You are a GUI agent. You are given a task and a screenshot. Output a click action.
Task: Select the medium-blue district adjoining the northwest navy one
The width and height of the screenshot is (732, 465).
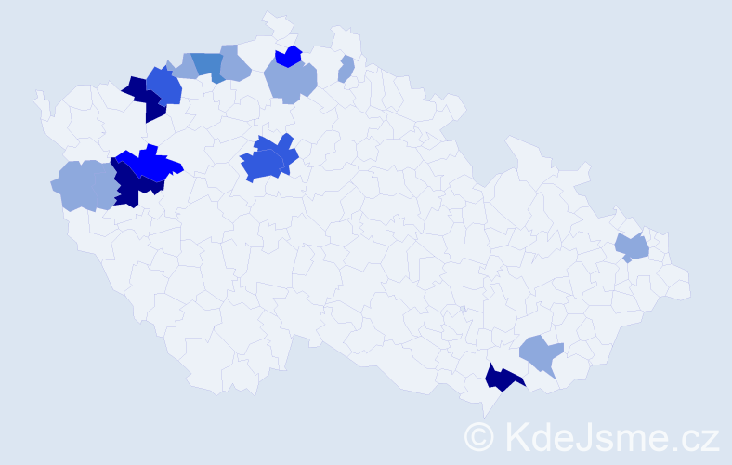coord(165,86)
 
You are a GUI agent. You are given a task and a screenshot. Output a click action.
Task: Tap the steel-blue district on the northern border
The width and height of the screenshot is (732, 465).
coord(210,66)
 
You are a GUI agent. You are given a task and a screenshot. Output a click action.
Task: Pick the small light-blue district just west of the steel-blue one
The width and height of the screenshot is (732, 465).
coord(184,67)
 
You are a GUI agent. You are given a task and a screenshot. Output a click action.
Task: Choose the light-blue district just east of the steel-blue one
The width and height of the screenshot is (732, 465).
coord(235,64)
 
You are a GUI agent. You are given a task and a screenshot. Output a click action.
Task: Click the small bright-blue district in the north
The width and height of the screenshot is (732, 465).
coord(290,57)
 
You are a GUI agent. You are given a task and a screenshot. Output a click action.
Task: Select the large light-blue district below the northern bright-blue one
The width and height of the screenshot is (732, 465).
coord(291,81)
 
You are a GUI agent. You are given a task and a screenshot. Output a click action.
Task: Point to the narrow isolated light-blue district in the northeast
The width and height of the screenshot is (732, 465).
coord(346,69)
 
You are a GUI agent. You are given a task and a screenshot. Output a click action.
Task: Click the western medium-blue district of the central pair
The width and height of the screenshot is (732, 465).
coord(261,166)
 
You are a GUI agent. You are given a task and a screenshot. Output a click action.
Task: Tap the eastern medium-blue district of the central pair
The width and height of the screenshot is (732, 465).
coord(281,150)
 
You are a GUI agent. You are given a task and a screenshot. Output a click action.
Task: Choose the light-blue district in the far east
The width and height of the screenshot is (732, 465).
coord(634,247)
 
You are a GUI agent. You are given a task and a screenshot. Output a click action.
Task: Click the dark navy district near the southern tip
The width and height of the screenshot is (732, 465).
coord(503,379)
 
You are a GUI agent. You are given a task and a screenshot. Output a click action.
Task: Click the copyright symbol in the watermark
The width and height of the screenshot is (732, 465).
coord(480,436)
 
